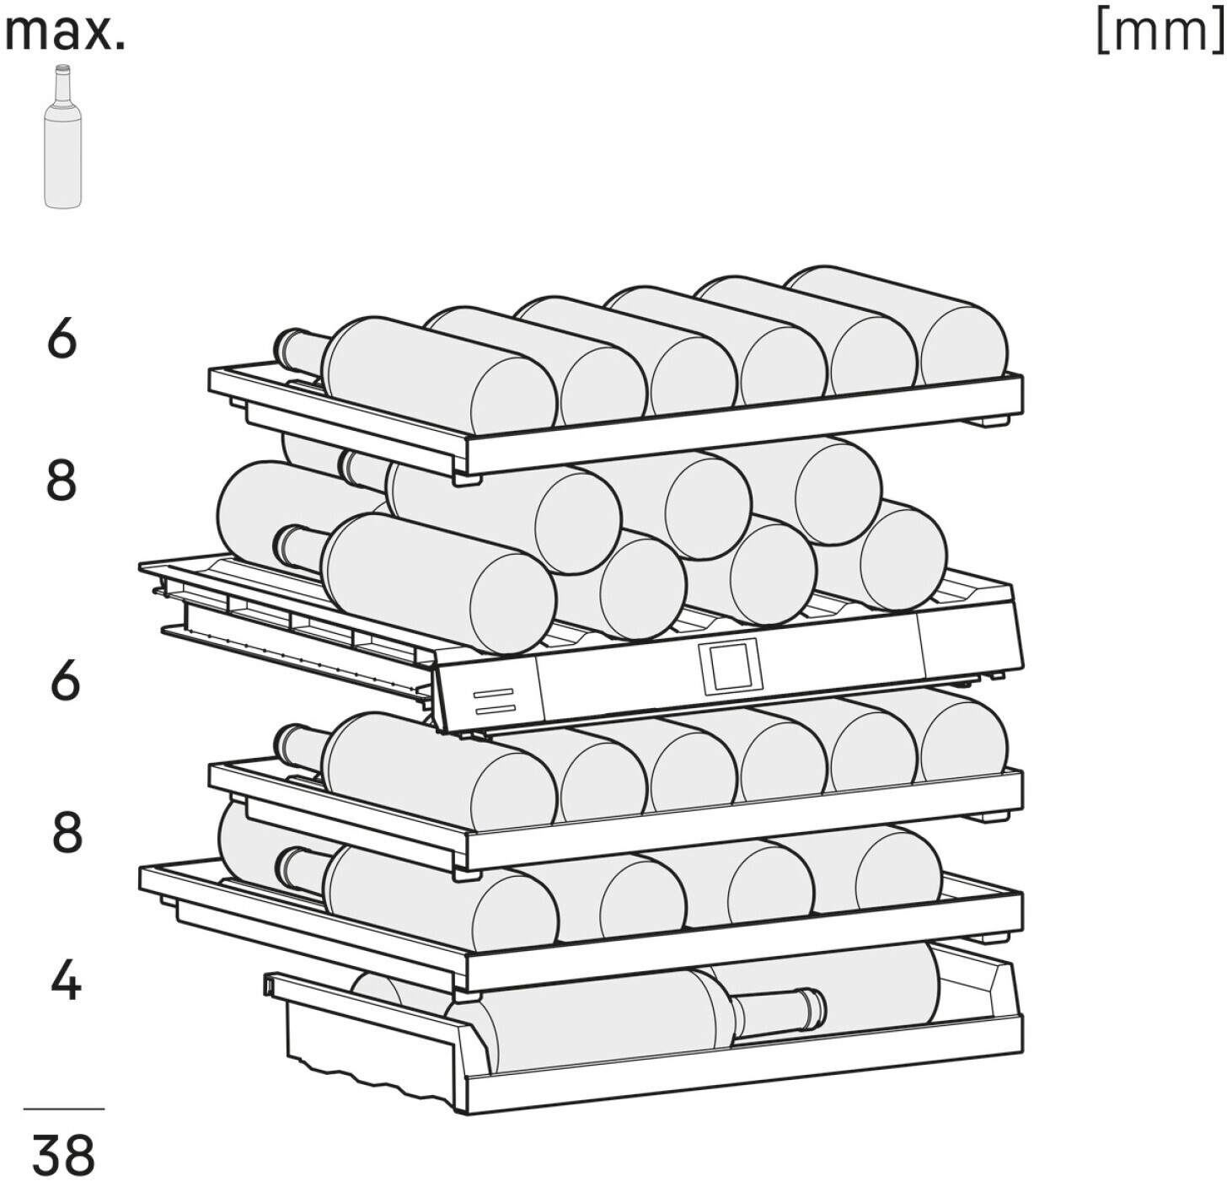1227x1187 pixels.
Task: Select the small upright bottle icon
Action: click(62, 137)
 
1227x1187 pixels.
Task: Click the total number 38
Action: click(64, 1155)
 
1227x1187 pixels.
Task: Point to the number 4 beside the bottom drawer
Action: click(65, 981)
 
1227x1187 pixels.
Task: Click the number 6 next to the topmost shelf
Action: click(62, 340)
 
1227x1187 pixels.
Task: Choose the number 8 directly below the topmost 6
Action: click(62, 481)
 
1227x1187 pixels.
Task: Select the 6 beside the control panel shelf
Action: click(65, 681)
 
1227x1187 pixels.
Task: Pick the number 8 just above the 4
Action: click(67, 833)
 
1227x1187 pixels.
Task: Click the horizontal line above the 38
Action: click(64, 1109)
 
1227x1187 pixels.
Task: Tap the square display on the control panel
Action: click(728, 666)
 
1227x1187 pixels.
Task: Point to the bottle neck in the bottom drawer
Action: click(780, 1009)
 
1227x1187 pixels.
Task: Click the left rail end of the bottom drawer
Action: click(271, 985)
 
